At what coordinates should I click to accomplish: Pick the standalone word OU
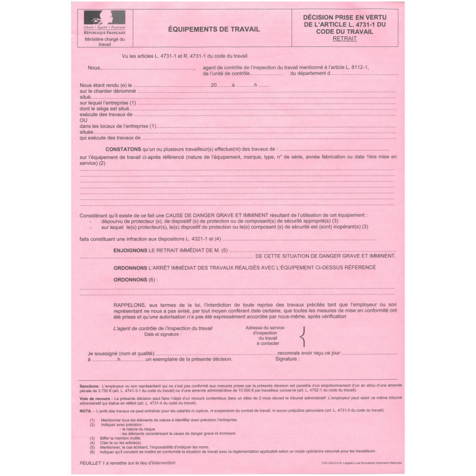click(83, 121)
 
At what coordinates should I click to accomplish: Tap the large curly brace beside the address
click(303, 337)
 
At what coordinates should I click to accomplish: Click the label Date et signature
click(162, 334)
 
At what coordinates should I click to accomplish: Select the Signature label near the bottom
click(287, 360)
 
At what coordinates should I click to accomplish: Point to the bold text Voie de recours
click(94, 397)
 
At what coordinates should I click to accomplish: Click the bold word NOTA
click(85, 411)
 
